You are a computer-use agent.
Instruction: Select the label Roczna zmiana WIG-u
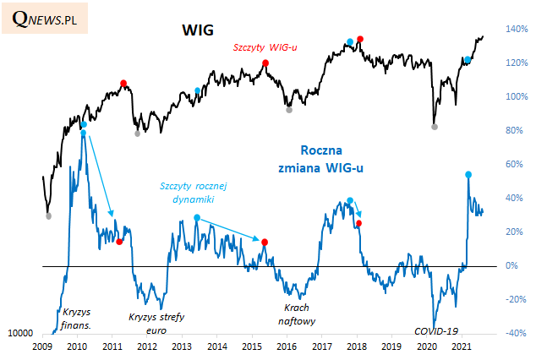(321, 159)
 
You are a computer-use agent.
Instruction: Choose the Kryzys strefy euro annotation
(156, 324)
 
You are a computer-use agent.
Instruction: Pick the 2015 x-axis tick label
(251, 346)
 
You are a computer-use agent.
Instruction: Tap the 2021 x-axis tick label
(461, 346)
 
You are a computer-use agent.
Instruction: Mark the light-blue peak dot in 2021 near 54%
(468, 174)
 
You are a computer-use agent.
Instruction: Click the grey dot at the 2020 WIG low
(435, 127)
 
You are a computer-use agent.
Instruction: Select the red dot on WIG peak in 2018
(360, 39)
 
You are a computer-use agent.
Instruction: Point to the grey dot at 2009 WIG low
(48, 216)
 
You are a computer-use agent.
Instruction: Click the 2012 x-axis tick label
(146, 346)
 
